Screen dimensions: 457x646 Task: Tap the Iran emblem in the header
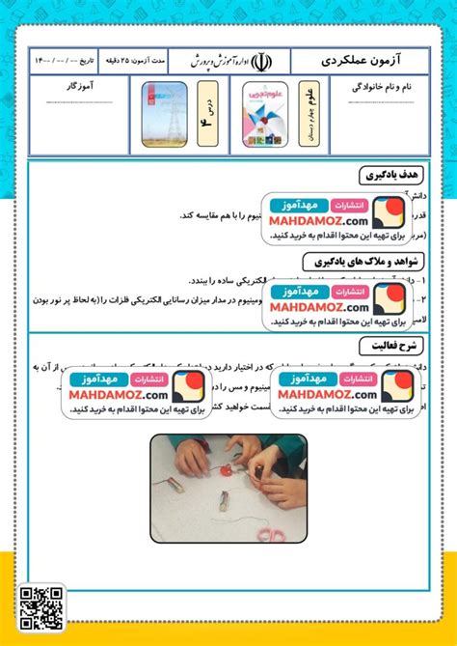click(x=267, y=60)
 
